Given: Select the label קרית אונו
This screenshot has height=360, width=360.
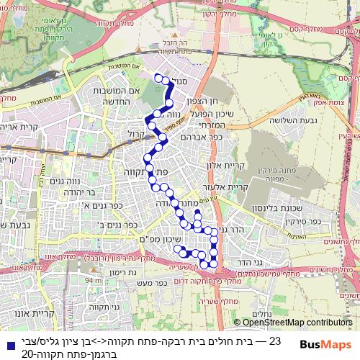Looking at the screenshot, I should [33, 314].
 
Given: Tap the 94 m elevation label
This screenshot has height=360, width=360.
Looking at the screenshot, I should [92, 281].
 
